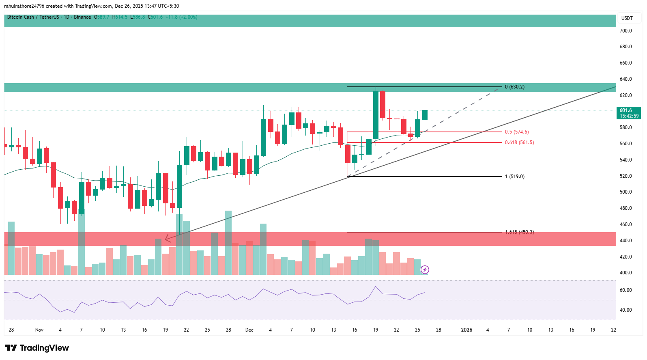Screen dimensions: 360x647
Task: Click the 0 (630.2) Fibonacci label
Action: (514, 87)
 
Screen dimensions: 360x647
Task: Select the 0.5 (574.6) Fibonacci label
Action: (516, 132)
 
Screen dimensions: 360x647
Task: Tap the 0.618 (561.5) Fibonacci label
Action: (519, 142)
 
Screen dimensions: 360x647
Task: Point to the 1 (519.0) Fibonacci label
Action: (514, 177)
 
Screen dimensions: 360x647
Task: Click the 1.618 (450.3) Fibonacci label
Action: (519, 232)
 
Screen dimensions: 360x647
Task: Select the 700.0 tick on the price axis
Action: (626, 31)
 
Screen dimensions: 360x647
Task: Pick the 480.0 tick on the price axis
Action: (626, 208)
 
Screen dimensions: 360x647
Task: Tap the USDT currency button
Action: (627, 18)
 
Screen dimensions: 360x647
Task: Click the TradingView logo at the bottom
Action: (37, 348)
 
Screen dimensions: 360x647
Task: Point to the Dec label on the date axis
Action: (249, 330)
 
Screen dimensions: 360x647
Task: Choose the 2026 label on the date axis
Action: (466, 330)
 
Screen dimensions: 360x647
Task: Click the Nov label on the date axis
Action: (39, 330)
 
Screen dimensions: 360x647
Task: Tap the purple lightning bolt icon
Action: (425, 269)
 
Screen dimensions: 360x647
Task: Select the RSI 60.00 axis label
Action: (626, 290)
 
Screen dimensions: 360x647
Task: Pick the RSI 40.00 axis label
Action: (626, 310)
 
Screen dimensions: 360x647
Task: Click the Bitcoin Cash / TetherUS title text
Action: (33, 17)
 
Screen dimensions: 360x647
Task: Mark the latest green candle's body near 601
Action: (425, 115)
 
